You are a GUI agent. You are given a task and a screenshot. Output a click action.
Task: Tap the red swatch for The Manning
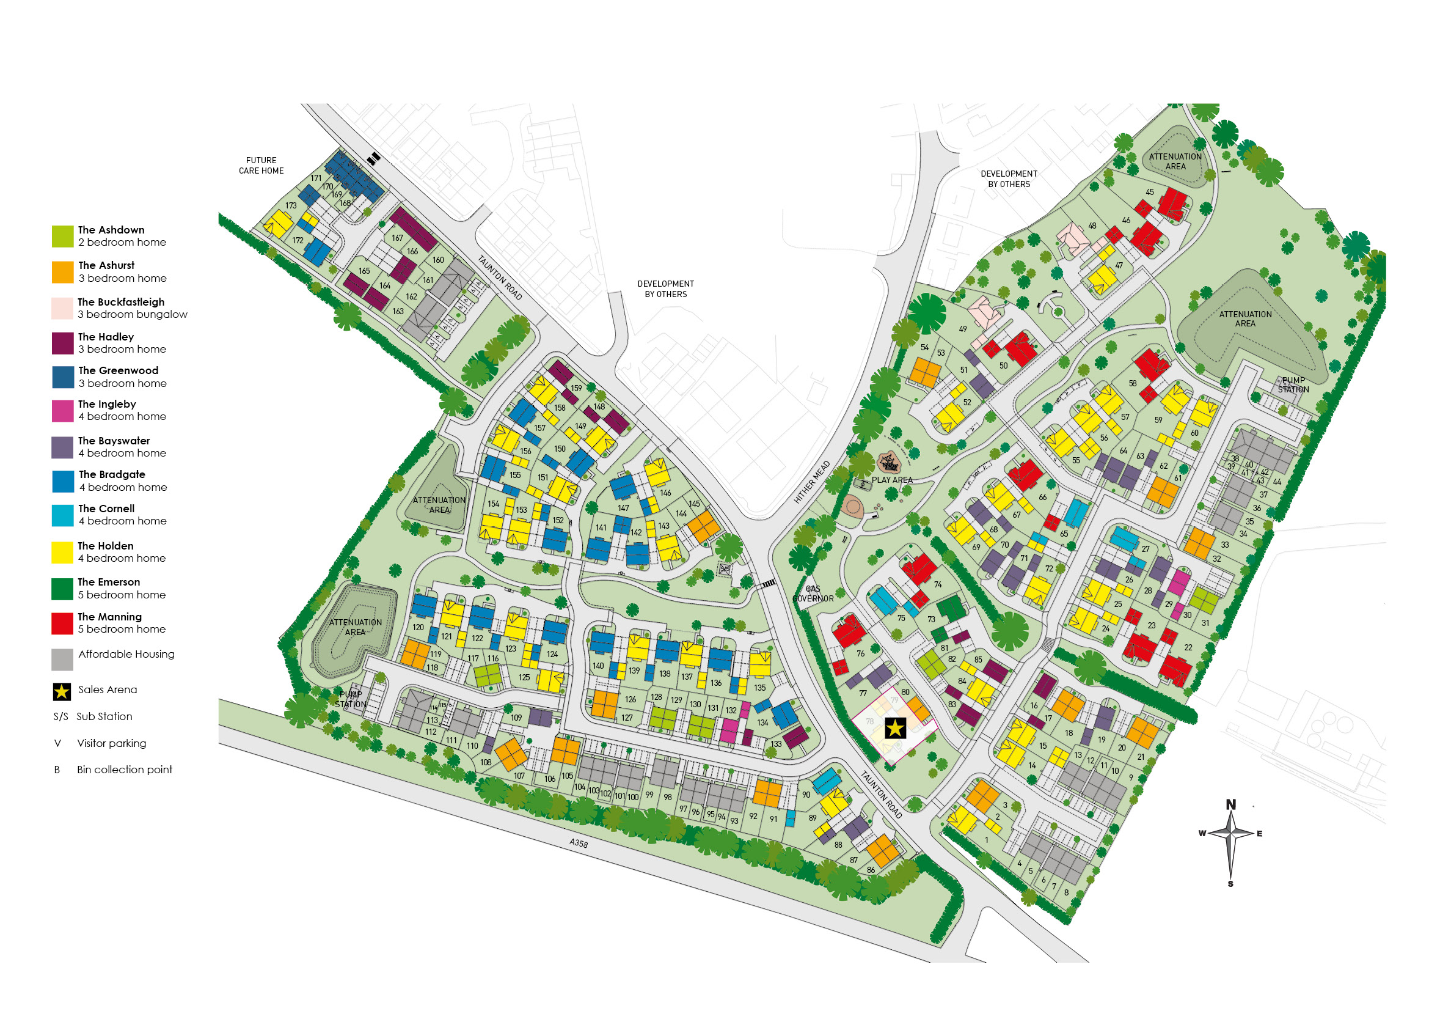coord(62,623)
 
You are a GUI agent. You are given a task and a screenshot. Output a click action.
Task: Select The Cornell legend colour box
coord(62,515)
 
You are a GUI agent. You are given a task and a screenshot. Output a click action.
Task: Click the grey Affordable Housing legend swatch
coord(62,660)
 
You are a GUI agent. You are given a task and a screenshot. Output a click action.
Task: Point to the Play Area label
coord(892,480)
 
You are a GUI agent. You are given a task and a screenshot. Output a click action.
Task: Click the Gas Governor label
coord(813,594)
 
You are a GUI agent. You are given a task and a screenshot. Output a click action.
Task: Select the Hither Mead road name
coord(812,482)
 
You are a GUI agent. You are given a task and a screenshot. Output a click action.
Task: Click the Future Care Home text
coord(261,166)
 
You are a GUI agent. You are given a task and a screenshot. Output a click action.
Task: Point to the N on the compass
coord(1230,804)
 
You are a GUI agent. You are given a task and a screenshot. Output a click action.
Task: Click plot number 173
coord(291,205)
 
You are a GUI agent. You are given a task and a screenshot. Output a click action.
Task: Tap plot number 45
coord(1150,193)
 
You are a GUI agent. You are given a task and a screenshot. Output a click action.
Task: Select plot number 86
coord(871,870)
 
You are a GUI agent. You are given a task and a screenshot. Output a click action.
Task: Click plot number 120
coord(418,628)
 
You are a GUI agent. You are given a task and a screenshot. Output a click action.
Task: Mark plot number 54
coord(925,347)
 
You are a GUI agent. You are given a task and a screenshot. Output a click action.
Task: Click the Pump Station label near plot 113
coord(351,699)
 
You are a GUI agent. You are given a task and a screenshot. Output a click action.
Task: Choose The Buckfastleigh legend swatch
coord(62,308)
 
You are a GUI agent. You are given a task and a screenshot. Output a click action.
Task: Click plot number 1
coord(986,840)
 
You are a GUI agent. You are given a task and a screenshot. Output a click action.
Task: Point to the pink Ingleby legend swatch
coord(62,411)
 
